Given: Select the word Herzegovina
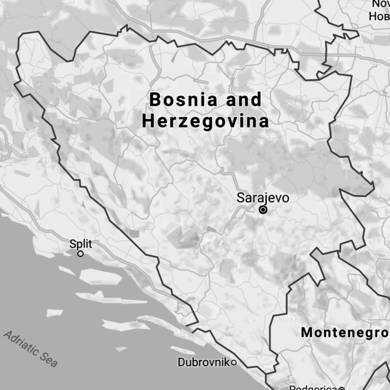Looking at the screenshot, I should [205, 122].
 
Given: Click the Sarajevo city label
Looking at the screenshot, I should [263, 198].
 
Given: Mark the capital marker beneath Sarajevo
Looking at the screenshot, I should [263, 210].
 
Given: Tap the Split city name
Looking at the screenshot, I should [81, 244].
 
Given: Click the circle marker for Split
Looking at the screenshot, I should [81, 254].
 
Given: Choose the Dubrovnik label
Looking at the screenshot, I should [203, 362].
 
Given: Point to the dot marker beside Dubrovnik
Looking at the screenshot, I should [233, 362].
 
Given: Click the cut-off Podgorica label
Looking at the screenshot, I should [313, 387].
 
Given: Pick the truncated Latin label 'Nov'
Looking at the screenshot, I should [380, 4].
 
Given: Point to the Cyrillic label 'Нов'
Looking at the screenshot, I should [379, 16].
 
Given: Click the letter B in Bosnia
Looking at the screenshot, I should [154, 99].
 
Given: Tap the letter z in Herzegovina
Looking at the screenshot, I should [181, 122].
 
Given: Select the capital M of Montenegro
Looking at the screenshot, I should [307, 333].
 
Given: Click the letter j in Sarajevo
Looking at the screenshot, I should [261, 199].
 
